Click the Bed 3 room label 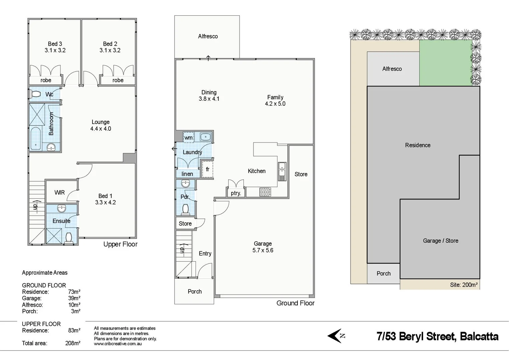tap(55, 44)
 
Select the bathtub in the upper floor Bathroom tap(35, 139)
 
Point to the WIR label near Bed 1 tap(60, 192)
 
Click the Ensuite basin tap(62, 209)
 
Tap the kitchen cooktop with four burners tap(265, 192)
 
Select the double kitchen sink tap(282, 171)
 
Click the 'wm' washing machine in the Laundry tap(189, 138)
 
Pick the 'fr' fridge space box tap(208, 169)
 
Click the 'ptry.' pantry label tap(236, 193)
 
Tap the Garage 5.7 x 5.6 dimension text tap(263, 250)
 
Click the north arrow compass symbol tap(336, 336)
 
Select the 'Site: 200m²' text tap(463, 285)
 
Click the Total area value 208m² tap(73, 343)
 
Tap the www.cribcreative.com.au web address tap(118, 344)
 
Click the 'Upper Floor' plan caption tap(120, 244)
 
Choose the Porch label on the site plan tap(383, 273)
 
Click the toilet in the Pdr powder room tap(186, 209)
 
